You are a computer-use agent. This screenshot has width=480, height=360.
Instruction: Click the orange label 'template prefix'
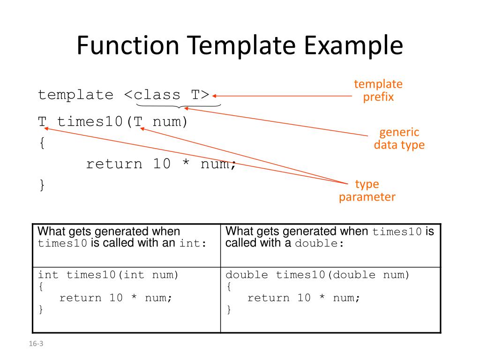(378, 91)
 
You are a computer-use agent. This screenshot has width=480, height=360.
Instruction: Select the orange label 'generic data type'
(399, 138)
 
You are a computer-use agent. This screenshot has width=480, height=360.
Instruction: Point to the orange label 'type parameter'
(367, 190)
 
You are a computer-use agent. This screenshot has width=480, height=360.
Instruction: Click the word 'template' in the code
(75, 95)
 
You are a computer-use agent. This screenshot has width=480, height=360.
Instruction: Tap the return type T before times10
(42, 122)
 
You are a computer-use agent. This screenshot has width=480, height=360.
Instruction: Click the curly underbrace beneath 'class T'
(179, 106)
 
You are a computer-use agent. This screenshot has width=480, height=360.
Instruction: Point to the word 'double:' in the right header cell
(320, 244)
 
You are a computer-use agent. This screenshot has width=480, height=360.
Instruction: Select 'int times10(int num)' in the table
(108, 275)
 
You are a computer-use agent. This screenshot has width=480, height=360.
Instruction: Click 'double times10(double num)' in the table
(318, 275)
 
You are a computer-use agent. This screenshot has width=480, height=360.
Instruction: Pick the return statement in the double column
(304, 298)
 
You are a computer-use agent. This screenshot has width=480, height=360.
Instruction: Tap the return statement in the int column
(116, 298)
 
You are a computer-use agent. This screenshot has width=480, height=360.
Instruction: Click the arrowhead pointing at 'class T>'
(214, 96)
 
